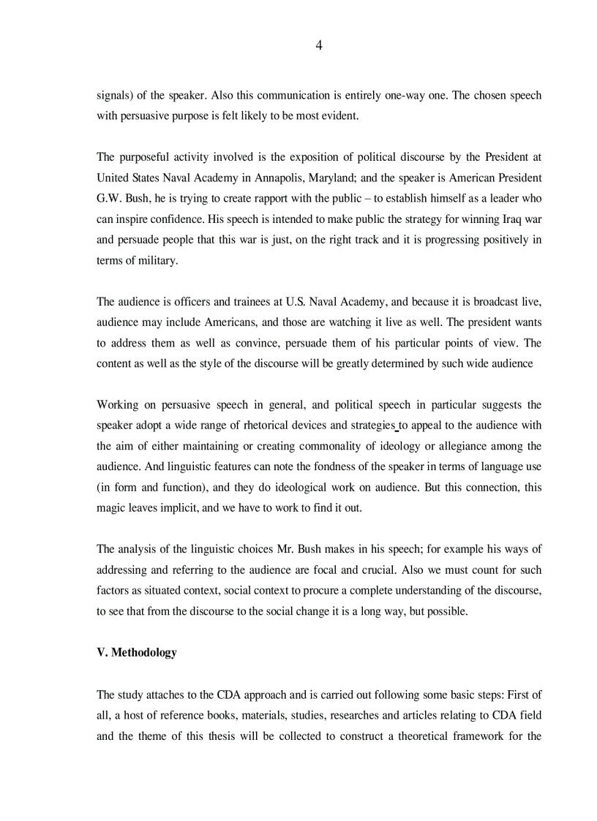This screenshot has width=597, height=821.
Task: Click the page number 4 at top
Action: pyautogui.click(x=318, y=45)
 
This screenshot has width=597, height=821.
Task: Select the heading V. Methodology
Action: pyautogui.click(x=137, y=653)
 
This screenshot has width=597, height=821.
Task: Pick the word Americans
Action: pyautogui.click(x=210, y=322)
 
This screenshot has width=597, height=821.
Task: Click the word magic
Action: pyautogui.click(x=111, y=507)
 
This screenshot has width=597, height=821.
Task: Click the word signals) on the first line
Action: pyautogui.click(x=115, y=95)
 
